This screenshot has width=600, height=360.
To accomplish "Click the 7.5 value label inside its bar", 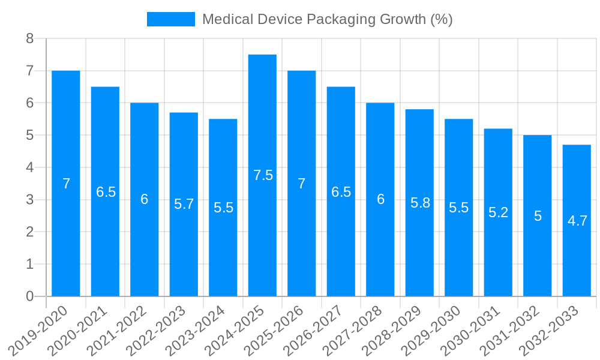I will [263, 175].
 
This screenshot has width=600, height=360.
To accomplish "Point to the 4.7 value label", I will [577, 221].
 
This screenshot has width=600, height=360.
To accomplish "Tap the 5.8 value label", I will [420, 203].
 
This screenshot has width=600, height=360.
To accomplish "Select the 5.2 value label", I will [498, 212].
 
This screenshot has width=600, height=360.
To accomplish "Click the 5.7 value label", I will [184, 204].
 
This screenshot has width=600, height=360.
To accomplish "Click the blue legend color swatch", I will [171, 19].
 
